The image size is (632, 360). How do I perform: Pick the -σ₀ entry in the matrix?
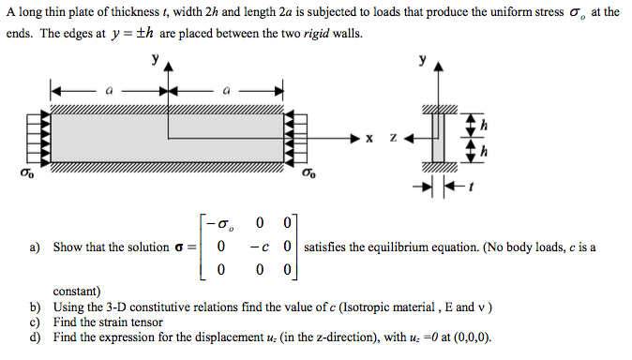(x=222, y=224)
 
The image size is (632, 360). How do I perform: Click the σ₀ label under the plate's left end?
(x=17, y=173)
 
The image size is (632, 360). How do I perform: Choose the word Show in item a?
(x=68, y=247)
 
